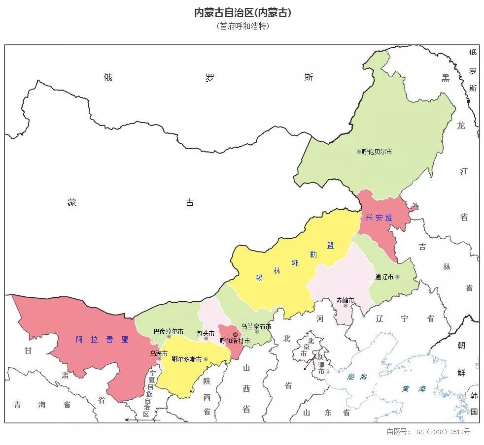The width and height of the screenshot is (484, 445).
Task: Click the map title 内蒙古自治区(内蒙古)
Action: (x=242, y=13)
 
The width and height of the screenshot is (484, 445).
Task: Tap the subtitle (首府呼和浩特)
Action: (x=242, y=27)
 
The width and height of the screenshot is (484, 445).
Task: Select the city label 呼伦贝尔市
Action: (x=377, y=152)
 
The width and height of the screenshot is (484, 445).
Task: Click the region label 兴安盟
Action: (x=379, y=218)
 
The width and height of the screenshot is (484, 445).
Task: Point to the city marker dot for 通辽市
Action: (x=397, y=277)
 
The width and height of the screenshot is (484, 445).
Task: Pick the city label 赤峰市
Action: (x=345, y=300)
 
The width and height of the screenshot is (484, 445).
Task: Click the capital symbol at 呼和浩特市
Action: (x=235, y=335)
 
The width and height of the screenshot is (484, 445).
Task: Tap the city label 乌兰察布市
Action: (x=256, y=326)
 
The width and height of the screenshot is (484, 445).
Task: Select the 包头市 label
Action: (x=205, y=333)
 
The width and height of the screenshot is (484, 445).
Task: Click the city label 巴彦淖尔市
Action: (x=168, y=331)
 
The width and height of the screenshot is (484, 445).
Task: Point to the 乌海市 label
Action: (x=159, y=353)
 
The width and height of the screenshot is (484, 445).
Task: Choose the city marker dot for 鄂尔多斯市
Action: (x=206, y=359)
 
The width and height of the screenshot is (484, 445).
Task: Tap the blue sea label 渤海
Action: (x=357, y=377)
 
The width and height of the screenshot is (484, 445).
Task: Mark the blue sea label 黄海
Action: (x=413, y=388)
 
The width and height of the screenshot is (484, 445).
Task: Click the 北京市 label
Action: (x=307, y=347)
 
